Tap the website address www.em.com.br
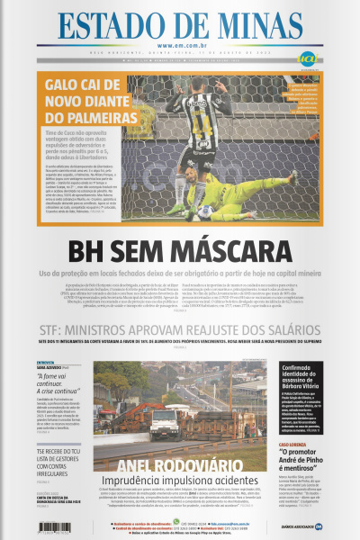click(x=181, y=46)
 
